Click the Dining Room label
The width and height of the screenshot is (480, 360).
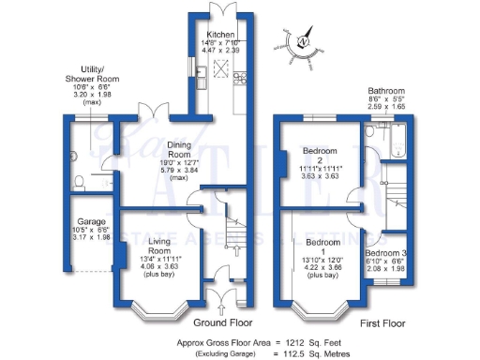181,151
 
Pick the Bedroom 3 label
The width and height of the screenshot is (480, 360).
385,253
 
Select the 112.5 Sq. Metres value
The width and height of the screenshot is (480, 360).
313,354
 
